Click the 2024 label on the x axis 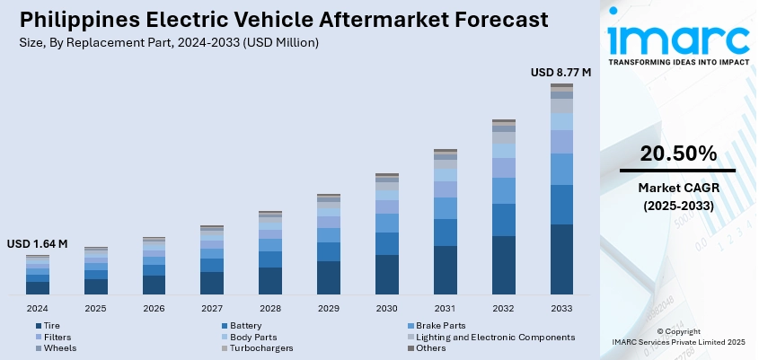pyautogui.click(x=37, y=308)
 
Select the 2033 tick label pyautogui.click(x=561, y=308)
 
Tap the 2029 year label pyautogui.click(x=328, y=308)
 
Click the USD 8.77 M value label pyautogui.click(x=560, y=72)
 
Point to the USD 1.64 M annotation pyautogui.click(x=37, y=244)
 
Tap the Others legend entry pyautogui.click(x=430, y=347)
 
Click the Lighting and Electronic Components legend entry pyautogui.click(x=495, y=337)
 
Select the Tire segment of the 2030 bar pyautogui.click(x=386, y=274)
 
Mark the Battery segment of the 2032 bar pyautogui.click(x=503, y=219)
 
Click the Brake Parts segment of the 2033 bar pyautogui.click(x=561, y=169)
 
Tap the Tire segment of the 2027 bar pyautogui.click(x=212, y=283)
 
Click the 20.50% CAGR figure pyautogui.click(x=678, y=154)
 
